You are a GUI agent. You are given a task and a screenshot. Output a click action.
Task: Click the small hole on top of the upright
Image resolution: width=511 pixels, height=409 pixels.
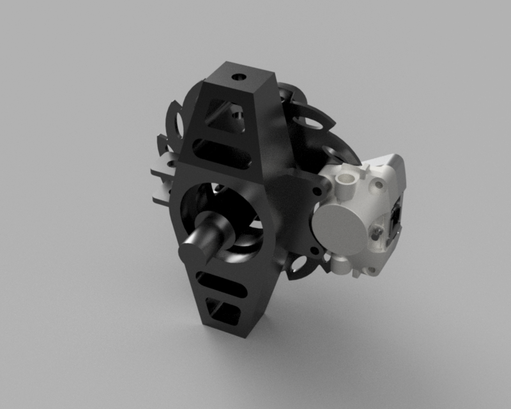pos(240,77)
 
